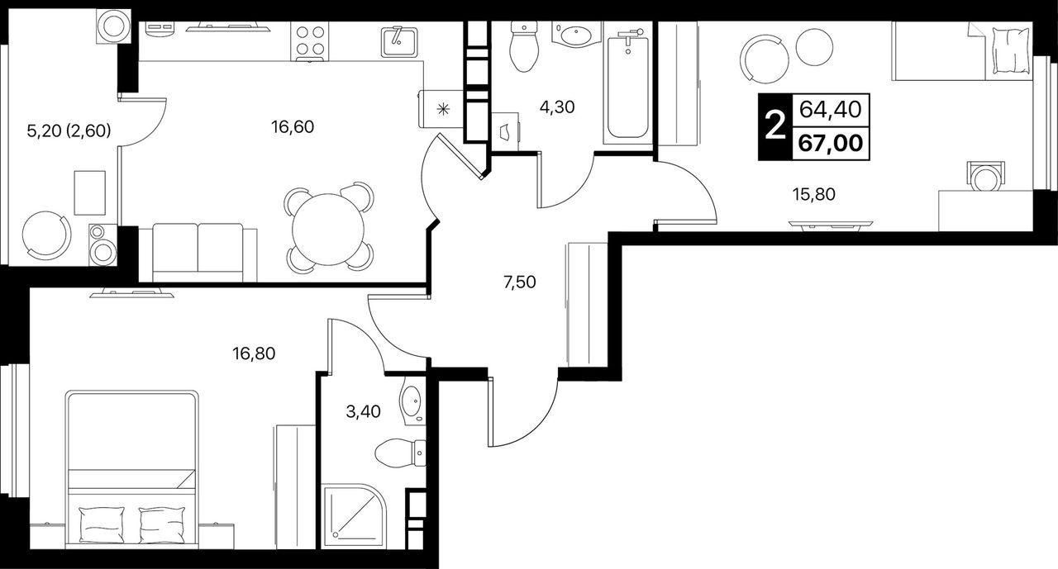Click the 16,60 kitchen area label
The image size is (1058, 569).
293,127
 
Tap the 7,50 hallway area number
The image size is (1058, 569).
520,282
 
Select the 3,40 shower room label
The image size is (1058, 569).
363,412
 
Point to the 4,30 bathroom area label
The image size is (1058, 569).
557,107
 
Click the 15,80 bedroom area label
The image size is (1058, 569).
814,194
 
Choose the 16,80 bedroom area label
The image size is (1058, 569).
254,353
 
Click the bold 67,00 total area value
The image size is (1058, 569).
831,143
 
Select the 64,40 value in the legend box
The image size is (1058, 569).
831,110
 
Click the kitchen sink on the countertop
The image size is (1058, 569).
399,41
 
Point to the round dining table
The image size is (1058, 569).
328,230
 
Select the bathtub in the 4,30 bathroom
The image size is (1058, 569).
627,87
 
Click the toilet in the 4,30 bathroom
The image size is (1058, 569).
524,47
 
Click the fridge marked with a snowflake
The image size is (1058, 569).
441,109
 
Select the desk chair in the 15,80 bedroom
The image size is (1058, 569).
986,177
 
